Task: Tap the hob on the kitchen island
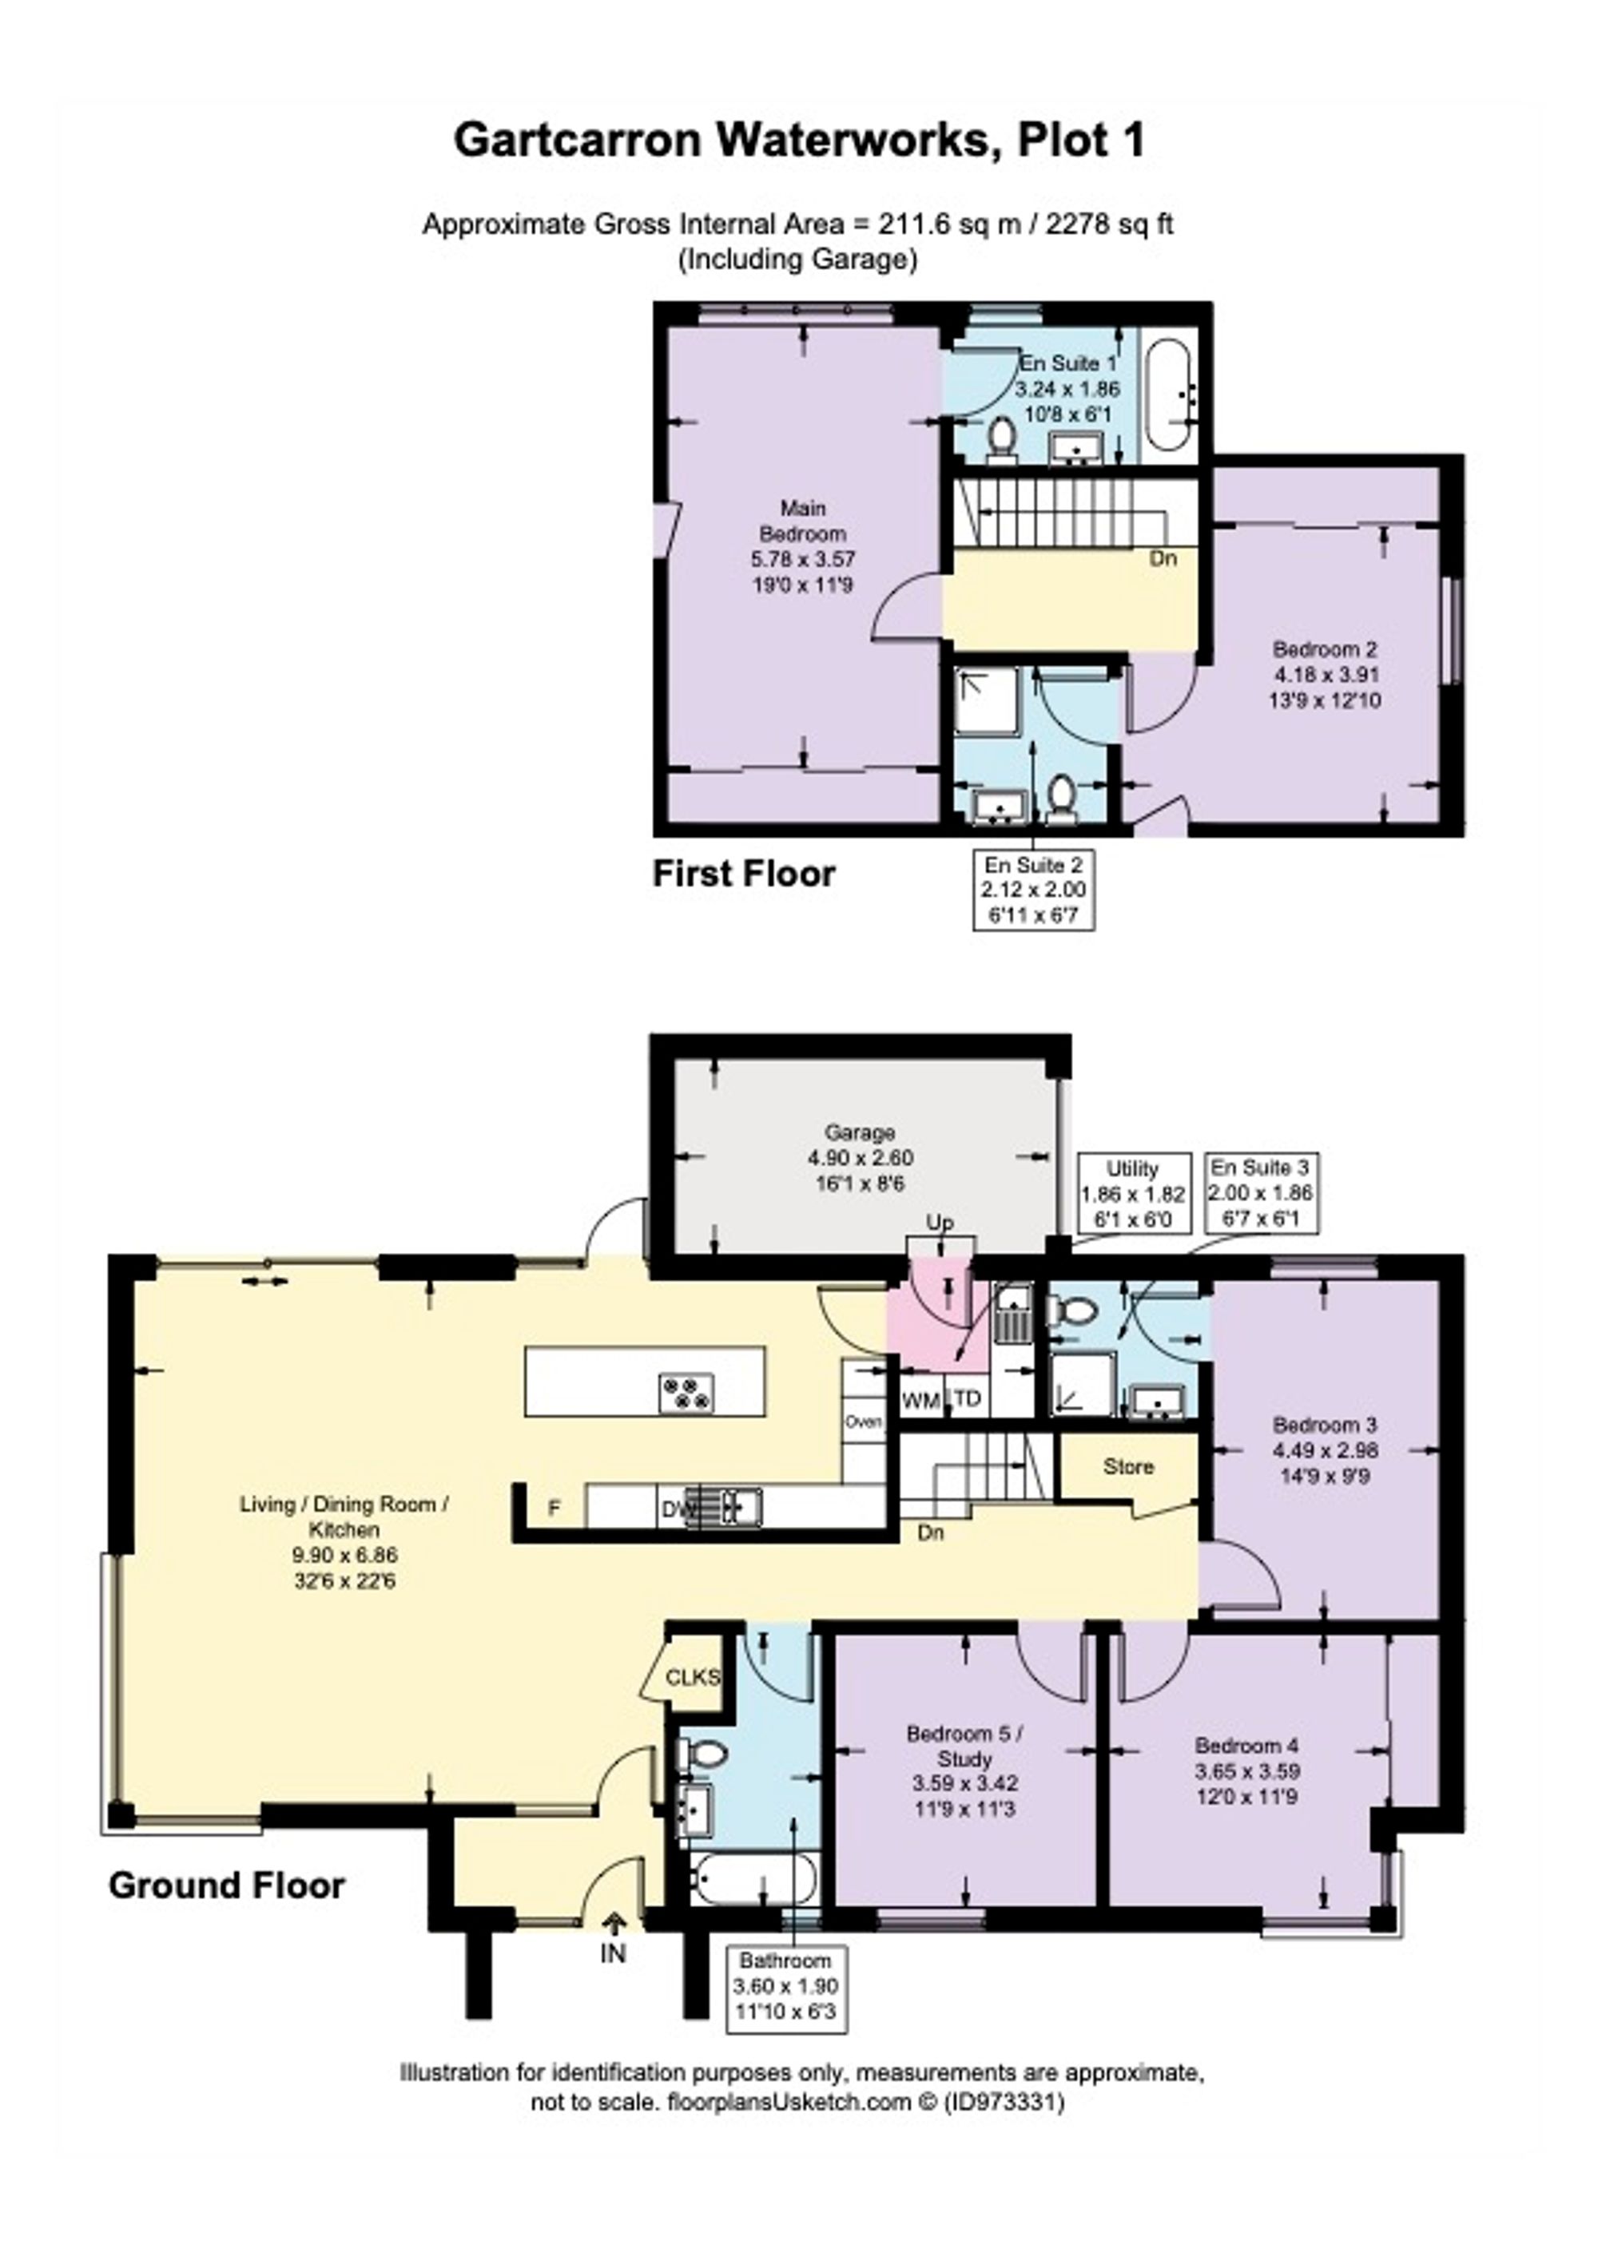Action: click(686, 1394)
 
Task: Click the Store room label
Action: click(1127, 1467)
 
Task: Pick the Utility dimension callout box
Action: click(1132, 1193)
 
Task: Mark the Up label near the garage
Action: click(940, 1223)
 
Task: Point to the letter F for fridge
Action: click(555, 1508)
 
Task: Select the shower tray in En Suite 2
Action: click(987, 702)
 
